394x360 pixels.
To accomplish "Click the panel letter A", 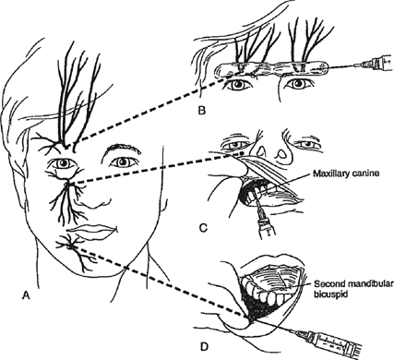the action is pyautogui.click(x=26, y=295).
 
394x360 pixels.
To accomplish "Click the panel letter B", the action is pyautogui.click(x=202, y=110).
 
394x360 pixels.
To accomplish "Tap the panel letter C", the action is pyautogui.click(x=203, y=228).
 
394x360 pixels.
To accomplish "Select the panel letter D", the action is pyautogui.click(x=204, y=347).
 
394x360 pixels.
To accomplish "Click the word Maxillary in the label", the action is pyautogui.click(x=328, y=174).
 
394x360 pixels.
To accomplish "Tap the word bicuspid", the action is pyautogui.click(x=329, y=294).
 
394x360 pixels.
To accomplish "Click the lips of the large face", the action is pyautogui.click(x=92, y=231).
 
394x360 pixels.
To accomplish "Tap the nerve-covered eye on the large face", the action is pyautogui.click(x=64, y=163).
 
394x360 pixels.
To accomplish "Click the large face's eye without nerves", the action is pyautogui.click(x=123, y=162).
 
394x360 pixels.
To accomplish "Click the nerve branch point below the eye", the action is pyautogui.click(x=68, y=185).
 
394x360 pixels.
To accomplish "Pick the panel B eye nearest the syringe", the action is pyautogui.click(x=298, y=84).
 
